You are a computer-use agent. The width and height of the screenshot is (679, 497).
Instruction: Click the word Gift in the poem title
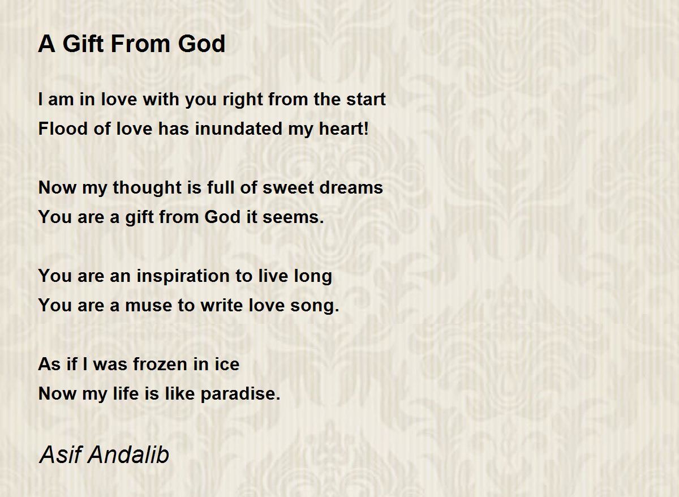click(83, 44)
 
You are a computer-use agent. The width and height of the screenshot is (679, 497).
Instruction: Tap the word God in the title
click(201, 44)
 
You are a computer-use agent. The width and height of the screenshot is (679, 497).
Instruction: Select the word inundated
click(239, 128)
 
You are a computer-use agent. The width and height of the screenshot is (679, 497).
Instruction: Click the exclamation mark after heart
click(366, 128)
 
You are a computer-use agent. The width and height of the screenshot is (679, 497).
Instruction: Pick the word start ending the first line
click(366, 99)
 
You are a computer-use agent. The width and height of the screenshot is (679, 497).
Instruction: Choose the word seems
click(294, 217)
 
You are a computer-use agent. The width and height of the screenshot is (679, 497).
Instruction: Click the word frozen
click(160, 364)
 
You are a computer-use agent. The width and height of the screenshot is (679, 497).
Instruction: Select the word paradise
click(240, 394)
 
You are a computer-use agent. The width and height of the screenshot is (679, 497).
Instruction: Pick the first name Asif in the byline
click(61, 455)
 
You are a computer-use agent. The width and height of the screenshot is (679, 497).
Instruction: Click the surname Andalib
click(128, 455)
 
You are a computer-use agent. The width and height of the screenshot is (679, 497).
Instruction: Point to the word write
click(222, 305)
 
